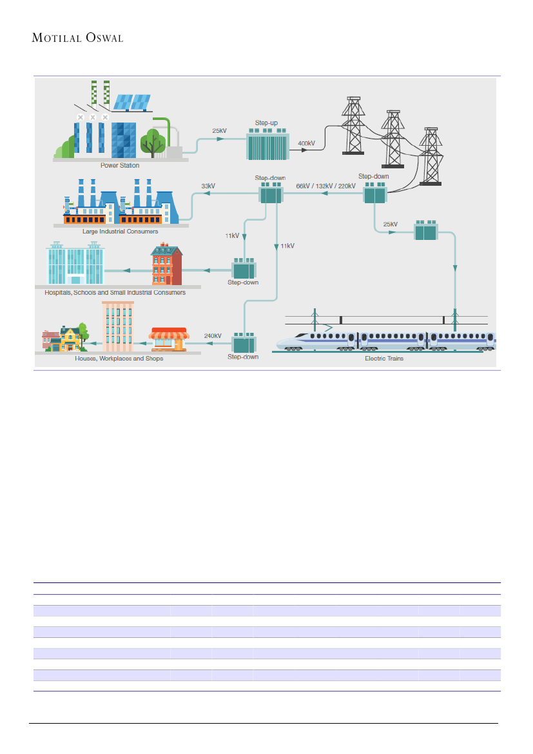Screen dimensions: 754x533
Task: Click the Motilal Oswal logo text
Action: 77,38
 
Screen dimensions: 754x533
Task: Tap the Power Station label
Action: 120,166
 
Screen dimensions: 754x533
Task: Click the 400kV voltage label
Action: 307,143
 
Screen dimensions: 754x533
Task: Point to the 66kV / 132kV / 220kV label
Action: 326,186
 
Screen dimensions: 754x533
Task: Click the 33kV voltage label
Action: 208,186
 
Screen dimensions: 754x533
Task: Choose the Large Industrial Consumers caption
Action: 120,231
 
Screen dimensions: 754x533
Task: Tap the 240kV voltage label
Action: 213,336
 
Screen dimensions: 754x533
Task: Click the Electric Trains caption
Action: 384,358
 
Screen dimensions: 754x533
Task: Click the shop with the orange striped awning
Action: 168,340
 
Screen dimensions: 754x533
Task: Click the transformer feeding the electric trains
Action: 425,231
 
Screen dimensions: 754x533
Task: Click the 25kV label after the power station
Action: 219,131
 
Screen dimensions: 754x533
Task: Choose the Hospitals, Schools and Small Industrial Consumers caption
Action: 115,293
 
